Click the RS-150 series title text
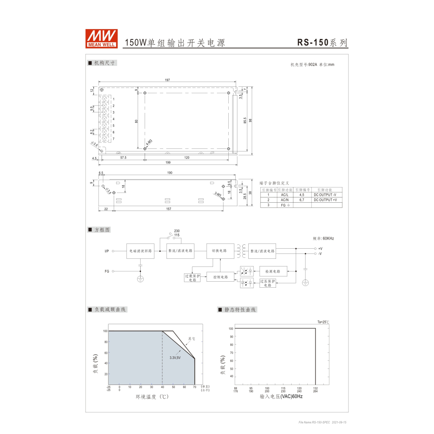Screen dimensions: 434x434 [x=322, y=43]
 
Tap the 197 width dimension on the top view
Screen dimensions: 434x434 [x=167, y=80]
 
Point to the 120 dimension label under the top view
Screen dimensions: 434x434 [x=187, y=158]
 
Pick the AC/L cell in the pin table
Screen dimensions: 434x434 [x=285, y=195]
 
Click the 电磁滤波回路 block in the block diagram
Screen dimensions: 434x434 [x=140, y=251]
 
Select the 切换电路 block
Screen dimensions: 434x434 [x=220, y=251]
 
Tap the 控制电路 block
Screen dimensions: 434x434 [x=220, y=277]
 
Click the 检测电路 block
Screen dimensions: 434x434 [x=273, y=271]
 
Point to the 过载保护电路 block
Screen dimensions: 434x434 [x=192, y=278]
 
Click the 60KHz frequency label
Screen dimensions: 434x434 [x=323, y=238]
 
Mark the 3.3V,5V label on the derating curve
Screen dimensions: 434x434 [x=175, y=357]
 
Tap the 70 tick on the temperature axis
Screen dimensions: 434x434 [x=195, y=387]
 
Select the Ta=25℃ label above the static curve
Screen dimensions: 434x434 [x=323, y=322]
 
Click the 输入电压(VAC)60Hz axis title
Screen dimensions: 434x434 [x=281, y=397]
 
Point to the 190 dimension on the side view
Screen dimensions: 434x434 [x=169, y=173]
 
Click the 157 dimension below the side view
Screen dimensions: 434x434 [x=168, y=209]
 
